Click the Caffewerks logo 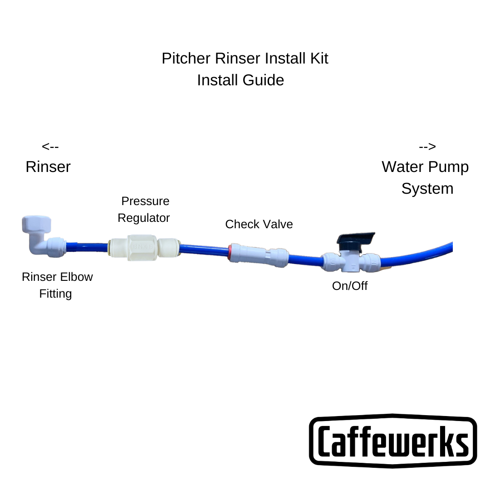[393, 440]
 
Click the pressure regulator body [142, 248]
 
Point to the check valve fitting [259, 255]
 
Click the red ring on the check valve [231, 252]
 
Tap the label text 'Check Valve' [259, 224]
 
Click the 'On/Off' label [350, 286]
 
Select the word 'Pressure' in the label [145, 201]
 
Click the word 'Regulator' [143, 218]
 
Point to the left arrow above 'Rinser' [50, 147]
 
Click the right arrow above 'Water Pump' [427, 147]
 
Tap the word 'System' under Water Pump [427, 189]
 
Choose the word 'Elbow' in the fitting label [77, 277]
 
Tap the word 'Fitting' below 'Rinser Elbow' [55, 294]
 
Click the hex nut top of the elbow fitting [36, 224]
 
